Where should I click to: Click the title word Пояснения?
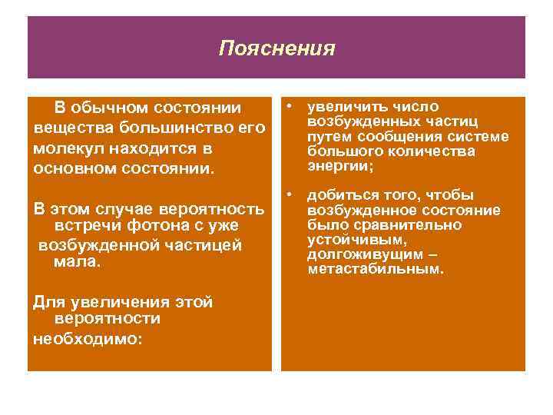click(x=276, y=49)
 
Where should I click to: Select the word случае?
click(x=127, y=208)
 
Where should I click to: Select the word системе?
click(x=479, y=137)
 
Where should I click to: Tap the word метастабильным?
click(x=375, y=270)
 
